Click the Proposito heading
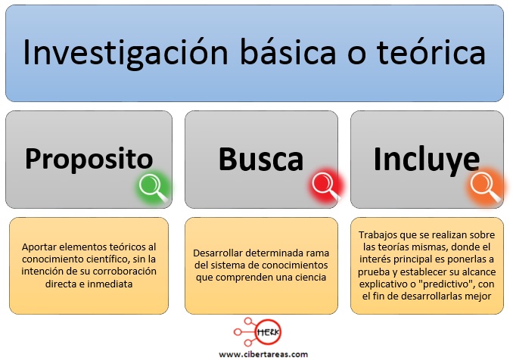(89, 160)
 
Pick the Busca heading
(261, 160)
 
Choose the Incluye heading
(426, 159)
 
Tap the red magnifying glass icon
(325, 184)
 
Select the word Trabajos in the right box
(380, 235)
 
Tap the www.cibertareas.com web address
(263, 353)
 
